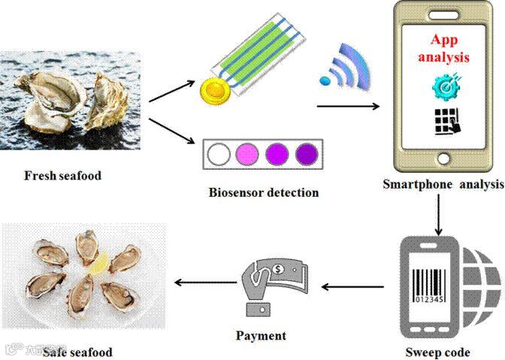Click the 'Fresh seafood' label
point(62,176)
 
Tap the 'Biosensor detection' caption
point(263,192)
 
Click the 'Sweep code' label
point(437,352)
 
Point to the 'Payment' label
point(261,335)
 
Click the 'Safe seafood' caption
point(77,352)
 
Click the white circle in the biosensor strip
point(219,155)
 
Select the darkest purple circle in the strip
point(306,154)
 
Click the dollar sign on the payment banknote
point(278,266)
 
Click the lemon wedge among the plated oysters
point(101,262)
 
